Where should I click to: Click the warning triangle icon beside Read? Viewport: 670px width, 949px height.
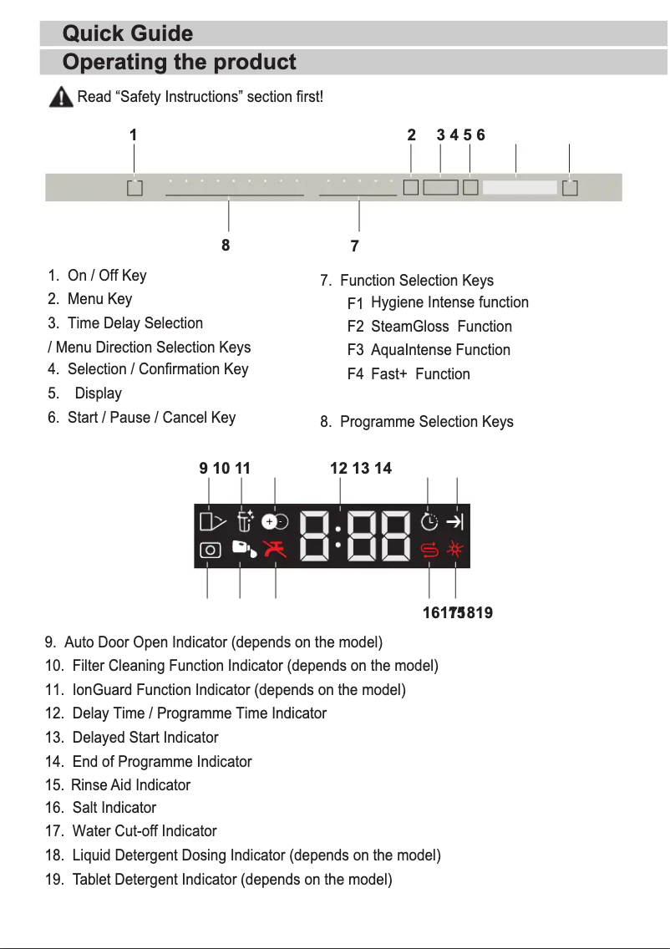60,98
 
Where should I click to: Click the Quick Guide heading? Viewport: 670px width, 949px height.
128,34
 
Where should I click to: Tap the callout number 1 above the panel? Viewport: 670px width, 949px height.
133,134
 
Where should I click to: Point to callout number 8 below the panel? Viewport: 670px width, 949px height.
226,246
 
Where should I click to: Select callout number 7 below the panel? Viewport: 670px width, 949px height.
355,246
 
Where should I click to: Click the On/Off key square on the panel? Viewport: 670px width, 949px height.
135,188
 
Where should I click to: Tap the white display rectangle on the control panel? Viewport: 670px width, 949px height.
519,188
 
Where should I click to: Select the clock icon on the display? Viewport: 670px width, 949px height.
429,522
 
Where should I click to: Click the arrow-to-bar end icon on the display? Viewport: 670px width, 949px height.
455,522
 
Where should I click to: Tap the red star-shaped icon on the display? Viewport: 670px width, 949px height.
455,549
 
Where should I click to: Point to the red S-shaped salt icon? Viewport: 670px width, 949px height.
429,550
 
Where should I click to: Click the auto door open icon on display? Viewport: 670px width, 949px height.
212,522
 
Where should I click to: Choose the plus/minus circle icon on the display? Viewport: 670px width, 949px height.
274,521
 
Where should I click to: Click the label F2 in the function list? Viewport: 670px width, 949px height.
356,327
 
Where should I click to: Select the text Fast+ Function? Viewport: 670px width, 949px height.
420,374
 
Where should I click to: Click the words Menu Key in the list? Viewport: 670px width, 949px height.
99,299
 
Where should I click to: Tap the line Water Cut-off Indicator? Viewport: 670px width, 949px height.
144,831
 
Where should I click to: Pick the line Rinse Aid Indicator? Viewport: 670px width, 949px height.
130,785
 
